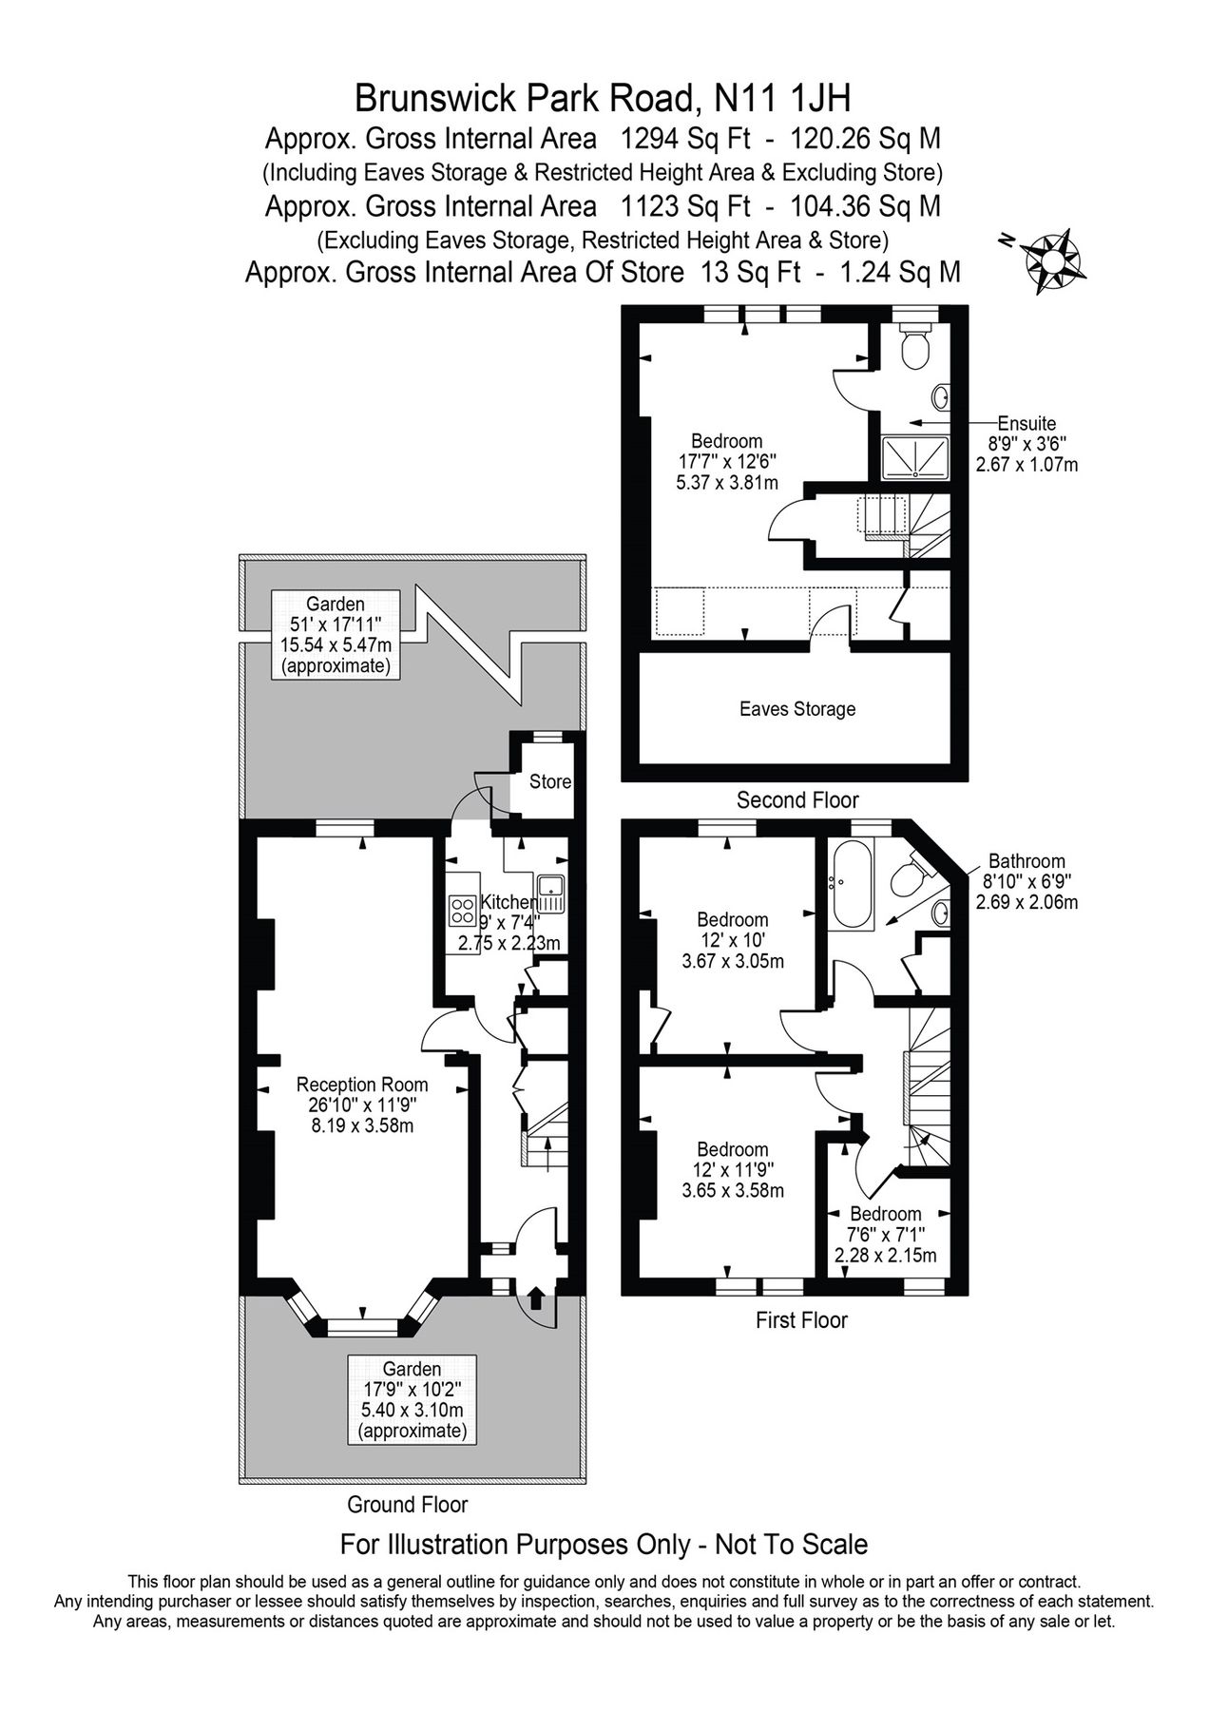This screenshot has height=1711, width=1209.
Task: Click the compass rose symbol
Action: pyautogui.click(x=1053, y=259)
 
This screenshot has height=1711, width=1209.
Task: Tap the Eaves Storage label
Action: pyautogui.click(x=797, y=709)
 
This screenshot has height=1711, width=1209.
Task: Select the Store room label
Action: pyautogui.click(x=550, y=781)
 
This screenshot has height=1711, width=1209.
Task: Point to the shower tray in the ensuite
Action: pyautogui.click(x=916, y=457)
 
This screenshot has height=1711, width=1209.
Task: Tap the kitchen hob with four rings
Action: pyautogui.click(x=463, y=911)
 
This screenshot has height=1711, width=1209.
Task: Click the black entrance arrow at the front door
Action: pyautogui.click(x=535, y=1296)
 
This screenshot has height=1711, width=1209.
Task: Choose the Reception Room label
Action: pyautogui.click(x=362, y=1085)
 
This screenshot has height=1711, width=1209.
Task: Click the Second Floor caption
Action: pyautogui.click(x=797, y=800)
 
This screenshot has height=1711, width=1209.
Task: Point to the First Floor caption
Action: pyautogui.click(x=801, y=1319)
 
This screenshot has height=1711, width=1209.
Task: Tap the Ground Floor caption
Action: pyautogui.click(x=408, y=1505)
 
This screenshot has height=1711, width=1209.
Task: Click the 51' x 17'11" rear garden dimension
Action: pyautogui.click(x=336, y=625)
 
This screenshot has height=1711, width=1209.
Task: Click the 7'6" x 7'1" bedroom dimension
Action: pyautogui.click(x=885, y=1235)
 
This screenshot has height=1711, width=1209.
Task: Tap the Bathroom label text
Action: pyautogui.click(x=1027, y=861)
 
